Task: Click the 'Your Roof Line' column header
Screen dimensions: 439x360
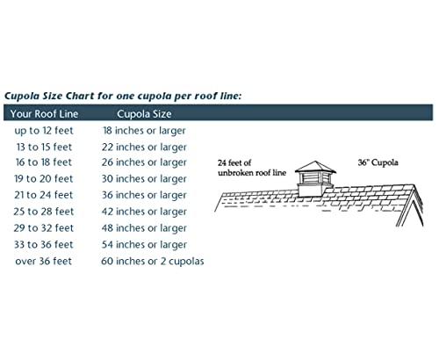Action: click(44, 113)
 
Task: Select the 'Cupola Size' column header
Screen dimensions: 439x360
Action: click(144, 114)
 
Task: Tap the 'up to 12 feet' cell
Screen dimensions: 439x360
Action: click(44, 131)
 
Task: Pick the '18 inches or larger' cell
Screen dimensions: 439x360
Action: click(144, 131)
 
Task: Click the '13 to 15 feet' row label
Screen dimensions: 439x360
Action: click(44, 147)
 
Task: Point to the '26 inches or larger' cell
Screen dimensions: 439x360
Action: click(144, 162)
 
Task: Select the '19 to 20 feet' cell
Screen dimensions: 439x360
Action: click(44, 178)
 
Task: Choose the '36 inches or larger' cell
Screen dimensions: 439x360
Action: click(144, 195)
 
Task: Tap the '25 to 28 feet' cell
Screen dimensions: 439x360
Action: click(44, 212)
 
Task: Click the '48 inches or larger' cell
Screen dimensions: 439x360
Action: click(144, 228)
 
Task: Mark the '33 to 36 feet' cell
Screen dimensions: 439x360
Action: click(44, 244)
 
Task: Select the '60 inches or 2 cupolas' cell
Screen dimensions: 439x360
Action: click(153, 261)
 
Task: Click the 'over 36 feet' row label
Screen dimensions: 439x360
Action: click(44, 261)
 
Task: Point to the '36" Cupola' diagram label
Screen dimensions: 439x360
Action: click(378, 162)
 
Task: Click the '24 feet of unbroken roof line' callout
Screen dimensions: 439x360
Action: click(252, 168)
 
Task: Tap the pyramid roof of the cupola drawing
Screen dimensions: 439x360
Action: click(315, 166)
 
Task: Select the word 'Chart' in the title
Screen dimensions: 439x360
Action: click(80, 96)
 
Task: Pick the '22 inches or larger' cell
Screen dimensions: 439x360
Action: click(144, 148)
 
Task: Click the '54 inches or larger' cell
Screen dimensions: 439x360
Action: click(144, 245)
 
